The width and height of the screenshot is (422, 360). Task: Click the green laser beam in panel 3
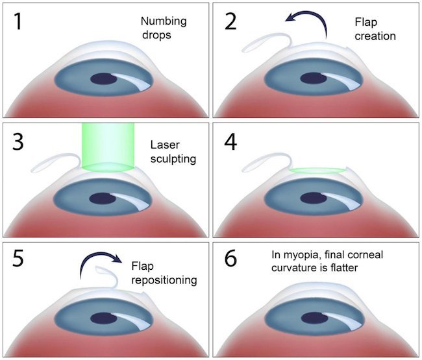click(x=108, y=145)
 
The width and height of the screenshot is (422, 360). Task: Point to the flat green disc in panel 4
click(x=318, y=170)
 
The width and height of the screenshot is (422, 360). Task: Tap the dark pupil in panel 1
click(x=102, y=78)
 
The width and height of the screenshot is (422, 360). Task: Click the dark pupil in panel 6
click(x=312, y=318)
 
